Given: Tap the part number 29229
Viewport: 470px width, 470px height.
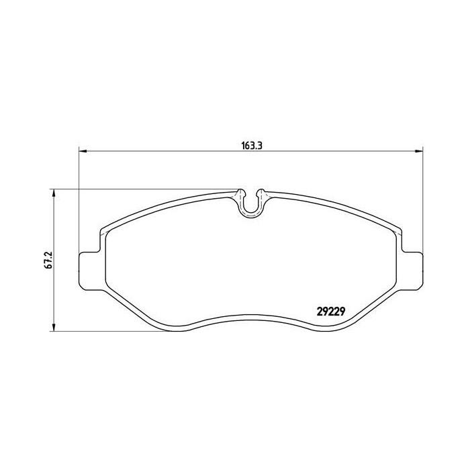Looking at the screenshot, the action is point(331,312).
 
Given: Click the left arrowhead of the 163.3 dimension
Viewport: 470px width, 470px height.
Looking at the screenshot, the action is point(83,151).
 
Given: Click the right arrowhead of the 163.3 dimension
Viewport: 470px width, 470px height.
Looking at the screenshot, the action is point(418,151).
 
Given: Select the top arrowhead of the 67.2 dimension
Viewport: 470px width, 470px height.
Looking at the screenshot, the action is point(53,193).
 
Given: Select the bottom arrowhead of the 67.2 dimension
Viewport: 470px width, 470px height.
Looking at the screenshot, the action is point(53,327).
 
